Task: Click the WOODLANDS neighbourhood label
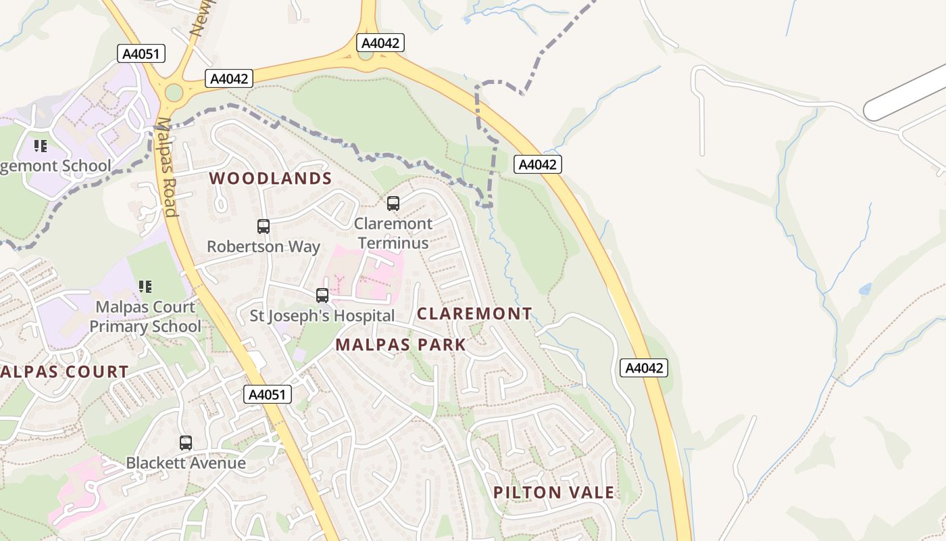(270, 179)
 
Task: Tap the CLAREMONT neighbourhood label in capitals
(474, 314)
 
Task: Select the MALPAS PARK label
(401, 345)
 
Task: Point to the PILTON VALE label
(554, 492)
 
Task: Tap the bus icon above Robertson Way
(264, 227)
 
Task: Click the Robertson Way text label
(264, 246)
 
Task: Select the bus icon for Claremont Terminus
(393, 203)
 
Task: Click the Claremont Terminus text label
(393, 233)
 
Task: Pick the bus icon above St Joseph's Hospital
(322, 296)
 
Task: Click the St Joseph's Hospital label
(322, 316)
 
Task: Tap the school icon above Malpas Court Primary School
(145, 287)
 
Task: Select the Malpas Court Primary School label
(145, 316)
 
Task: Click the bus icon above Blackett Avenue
(186, 443)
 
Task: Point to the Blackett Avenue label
(186, 463)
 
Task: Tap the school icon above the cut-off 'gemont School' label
(41, 145)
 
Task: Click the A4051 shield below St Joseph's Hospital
(268, 394)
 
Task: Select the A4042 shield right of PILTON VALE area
(644, 368)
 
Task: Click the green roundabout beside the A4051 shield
(174, 92)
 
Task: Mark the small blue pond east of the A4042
(865, 289)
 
